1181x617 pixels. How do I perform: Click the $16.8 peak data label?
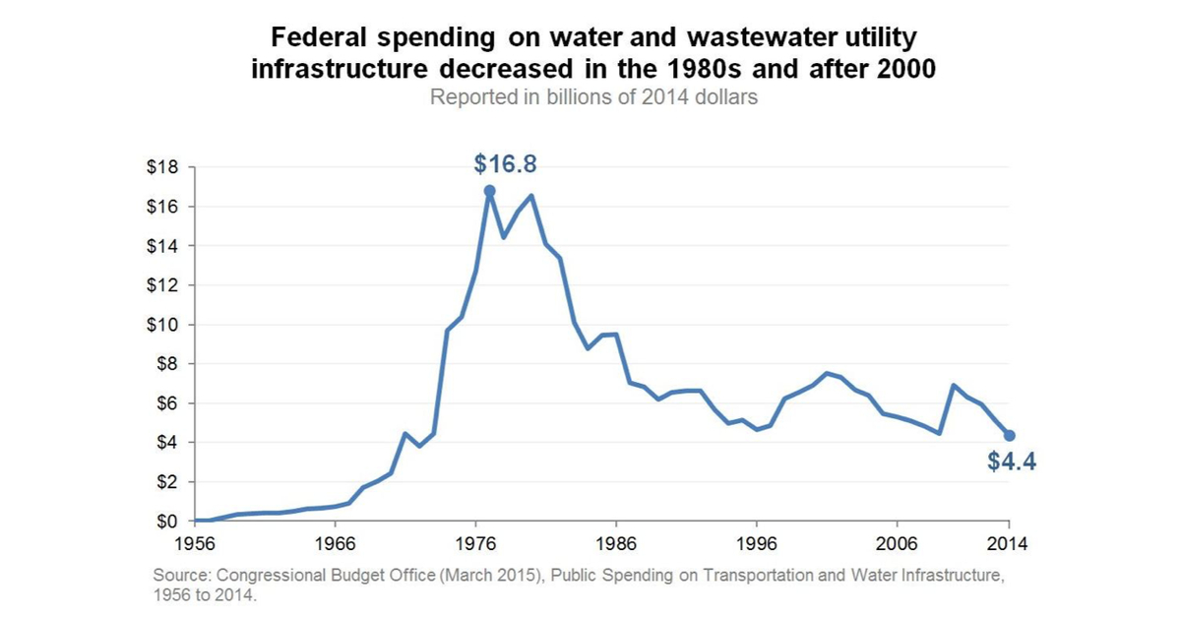coord(505,164)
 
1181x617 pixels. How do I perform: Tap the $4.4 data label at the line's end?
coord(1012,462)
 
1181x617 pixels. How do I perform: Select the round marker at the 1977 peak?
coord(489,191)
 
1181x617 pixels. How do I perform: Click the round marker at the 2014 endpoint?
coord(1010,435)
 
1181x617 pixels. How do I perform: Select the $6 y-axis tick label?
coord(166,403)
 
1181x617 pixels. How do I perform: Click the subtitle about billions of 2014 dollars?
coord(593,98)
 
